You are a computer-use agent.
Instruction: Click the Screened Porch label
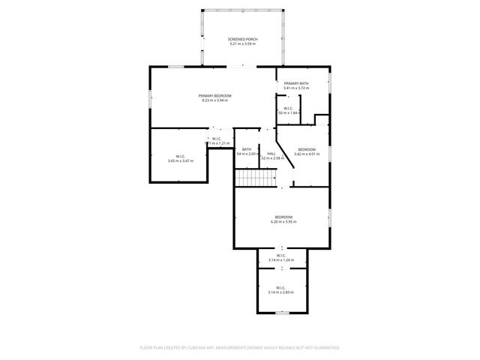(x=242, y=38)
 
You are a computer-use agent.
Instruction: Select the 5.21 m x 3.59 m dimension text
(x=242, y=43)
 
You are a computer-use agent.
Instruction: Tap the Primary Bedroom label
(x=214, y=95)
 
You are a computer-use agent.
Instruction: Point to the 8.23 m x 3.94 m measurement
(x=214, y=100)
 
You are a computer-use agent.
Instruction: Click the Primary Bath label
(x=296, y=83)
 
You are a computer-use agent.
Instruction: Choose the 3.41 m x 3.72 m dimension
(x=296, y=88)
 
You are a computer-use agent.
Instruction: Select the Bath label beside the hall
(x=246, y=148)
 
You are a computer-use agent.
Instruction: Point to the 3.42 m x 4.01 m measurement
(x=306, y=154)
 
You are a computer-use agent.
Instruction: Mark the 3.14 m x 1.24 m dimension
(x=281, y=260)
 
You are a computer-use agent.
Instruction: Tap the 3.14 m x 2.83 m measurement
(x=281, y=292)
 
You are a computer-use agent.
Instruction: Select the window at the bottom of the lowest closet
(x=281, y=312)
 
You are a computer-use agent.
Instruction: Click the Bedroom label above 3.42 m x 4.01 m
(x=306, y=149)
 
